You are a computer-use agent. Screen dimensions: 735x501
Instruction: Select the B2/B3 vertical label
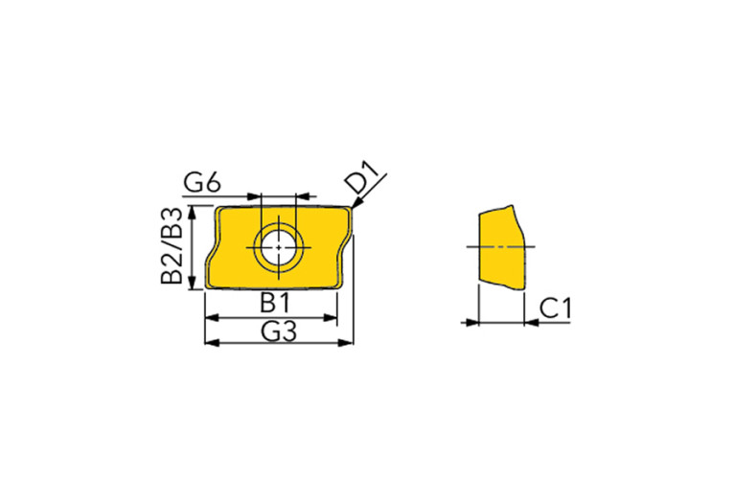[x=172, y=245]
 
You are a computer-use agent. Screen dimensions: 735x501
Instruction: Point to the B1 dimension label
[x=276, y=303]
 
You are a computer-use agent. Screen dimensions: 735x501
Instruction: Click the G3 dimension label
[x=279, y=331]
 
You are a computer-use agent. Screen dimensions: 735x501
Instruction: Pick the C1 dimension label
[x=556, y=308]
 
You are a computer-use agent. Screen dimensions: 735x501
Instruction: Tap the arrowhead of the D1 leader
[x=356, y=202]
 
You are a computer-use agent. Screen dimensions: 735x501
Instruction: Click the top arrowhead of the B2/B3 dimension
[x=192, y=213]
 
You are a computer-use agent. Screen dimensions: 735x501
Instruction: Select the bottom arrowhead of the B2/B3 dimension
[x=192, y=283]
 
